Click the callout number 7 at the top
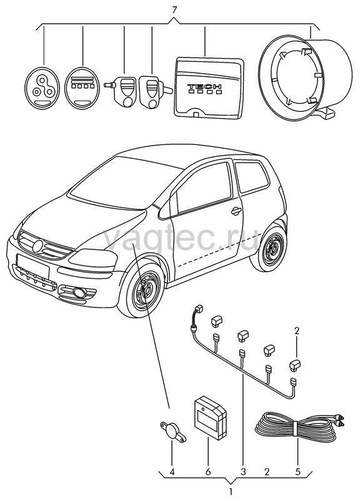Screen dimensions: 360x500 [x=174, y=10]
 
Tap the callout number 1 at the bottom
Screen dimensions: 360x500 [x=231, y=492]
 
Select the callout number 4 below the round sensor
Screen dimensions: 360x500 [x=172, y=472]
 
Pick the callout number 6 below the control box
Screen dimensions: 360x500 [x=208, y=472]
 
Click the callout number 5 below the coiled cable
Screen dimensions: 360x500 [x=297, y=472]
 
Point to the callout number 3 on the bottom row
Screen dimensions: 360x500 [x=243, y=472]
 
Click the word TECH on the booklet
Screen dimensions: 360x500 [x=204, y=86]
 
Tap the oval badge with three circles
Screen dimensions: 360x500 [x=42, y=87]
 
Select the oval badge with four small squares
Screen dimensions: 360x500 [x=82, y=86]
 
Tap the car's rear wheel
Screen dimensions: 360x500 [x=271, y=246]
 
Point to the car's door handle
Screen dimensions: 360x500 [x=236, y=210]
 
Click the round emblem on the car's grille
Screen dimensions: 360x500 [x=38, y=245]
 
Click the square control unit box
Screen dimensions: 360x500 [x=211, y=416]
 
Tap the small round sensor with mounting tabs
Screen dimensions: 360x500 [x=173, y=431]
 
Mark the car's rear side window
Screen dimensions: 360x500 [x=252, y=176]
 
